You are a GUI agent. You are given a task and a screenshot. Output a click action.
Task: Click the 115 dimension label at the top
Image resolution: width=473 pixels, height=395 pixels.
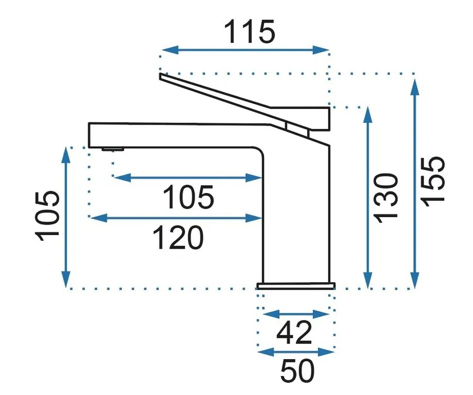tap(250, 31)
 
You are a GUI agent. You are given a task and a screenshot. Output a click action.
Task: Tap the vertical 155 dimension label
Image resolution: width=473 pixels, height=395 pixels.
tap(433, 182)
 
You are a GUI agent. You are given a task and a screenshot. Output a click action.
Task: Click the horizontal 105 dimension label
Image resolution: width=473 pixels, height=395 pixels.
tap(188, 197)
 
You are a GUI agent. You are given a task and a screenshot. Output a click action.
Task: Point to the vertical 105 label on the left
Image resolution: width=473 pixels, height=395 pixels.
tap(47, 216)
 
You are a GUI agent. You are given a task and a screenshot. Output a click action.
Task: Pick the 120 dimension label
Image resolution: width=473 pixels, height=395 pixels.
tap(178, 237)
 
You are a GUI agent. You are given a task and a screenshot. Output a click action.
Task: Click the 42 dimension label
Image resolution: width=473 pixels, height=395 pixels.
tap(294, 332)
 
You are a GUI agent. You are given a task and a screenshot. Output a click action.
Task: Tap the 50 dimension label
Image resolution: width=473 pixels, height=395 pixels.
tap(297, 370)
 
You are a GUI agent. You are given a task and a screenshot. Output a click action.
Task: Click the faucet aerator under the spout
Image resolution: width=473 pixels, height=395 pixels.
tap(113, 149)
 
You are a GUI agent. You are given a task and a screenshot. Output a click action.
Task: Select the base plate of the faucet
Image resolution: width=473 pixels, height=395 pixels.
tap(296, 286)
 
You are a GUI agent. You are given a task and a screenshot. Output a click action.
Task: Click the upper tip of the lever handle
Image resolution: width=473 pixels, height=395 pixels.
tap(160, 74)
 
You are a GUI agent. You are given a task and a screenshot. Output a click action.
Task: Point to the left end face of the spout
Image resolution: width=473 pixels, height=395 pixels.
tap(89, 135)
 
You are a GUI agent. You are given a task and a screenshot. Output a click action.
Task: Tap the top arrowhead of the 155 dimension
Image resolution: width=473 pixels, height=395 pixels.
tap(415, 88)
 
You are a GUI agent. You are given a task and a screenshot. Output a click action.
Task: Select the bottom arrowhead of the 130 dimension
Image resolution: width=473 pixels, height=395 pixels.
tap(368, 280)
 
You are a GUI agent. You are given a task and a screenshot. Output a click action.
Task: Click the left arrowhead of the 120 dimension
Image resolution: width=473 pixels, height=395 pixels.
tap(99, 218)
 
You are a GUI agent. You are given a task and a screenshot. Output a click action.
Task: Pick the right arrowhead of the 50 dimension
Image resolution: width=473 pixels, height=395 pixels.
tap(326, 352)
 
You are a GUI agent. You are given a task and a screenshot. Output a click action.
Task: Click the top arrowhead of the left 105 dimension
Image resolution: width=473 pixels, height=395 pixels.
tap(66, 155)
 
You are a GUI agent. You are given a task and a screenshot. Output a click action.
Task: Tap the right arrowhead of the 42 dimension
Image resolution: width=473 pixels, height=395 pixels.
tap(321, 314)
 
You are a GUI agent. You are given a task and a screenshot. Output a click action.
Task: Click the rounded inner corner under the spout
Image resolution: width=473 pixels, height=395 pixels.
tap(260, 151)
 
